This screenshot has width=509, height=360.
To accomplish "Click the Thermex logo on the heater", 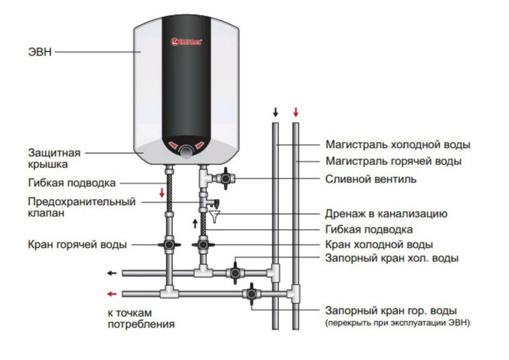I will (186, 41).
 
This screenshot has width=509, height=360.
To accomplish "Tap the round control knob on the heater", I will (185, 150).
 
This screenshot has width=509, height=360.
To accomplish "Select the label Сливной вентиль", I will (371, 179).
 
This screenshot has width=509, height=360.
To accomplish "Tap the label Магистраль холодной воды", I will (398, 144).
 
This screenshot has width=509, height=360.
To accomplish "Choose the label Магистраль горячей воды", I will (393, 161).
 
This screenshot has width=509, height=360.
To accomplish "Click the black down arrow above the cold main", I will (275, 112).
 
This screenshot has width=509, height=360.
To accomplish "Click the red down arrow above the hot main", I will (295, 112).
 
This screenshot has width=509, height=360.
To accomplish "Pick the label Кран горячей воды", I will (77, 245).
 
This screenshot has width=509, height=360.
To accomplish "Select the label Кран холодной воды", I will (379, 245).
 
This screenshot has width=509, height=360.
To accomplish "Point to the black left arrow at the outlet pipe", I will (112, 274).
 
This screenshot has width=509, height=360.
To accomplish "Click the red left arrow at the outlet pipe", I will (112, 294).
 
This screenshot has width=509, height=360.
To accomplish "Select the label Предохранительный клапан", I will (81, 207).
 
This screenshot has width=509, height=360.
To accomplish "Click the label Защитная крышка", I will (55, 158).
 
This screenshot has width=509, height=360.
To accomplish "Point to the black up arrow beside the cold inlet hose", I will (195, 224).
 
